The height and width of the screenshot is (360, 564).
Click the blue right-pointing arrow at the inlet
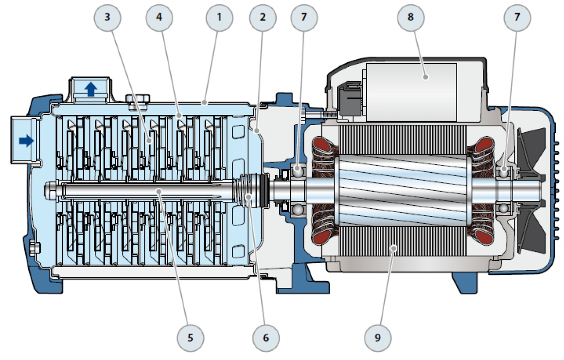point(26,141)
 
